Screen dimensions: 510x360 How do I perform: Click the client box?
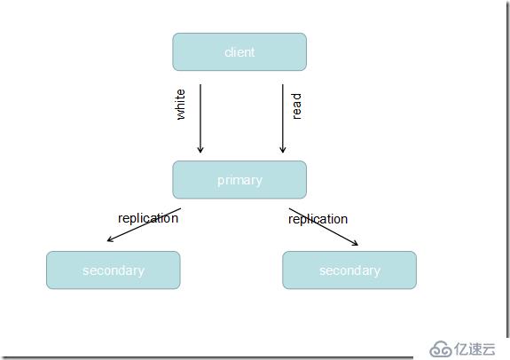click(x=239, y=51)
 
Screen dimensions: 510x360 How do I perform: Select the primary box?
click(x=239, y=179)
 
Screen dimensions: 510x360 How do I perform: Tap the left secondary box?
click(x=114, y=270)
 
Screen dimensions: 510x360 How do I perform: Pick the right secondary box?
click(x=349, y=270)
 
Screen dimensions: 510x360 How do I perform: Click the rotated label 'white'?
click(x=181, y=105)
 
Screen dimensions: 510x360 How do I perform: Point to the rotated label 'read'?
click(x=296, y=106)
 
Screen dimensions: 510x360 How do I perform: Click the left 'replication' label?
click(x=148, y=218)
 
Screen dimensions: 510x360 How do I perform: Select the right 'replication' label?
click(x=318, y=219)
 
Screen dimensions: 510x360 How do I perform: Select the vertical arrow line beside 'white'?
click(x=200, y=119)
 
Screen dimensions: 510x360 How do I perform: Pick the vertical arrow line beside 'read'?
click(x=283, y=119)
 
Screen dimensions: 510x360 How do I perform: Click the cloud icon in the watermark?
click(x=441, y=349)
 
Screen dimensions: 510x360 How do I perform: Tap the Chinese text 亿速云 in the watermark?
click(x=475, y=349)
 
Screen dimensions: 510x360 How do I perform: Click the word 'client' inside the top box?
click(x=239, y=52)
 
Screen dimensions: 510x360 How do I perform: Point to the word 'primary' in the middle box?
click(x=239, y=181)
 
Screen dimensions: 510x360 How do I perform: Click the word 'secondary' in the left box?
click(x=114, y=270)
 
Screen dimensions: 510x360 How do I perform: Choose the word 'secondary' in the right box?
click(x=349, y=270)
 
